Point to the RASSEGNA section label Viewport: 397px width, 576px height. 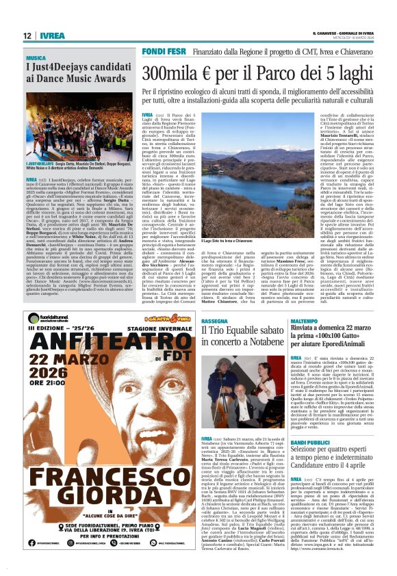point(215,320)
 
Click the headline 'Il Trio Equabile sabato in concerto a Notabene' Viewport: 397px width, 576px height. point(242,335)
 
